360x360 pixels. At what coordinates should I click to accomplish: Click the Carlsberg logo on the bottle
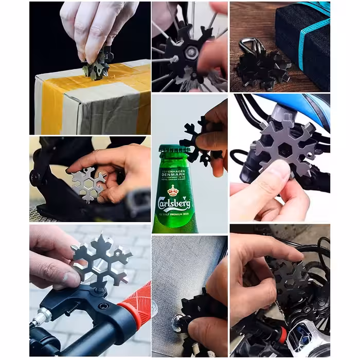(175, 202)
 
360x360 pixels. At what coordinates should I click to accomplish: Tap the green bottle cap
(175, 149)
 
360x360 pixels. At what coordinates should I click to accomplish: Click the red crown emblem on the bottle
(174, 191)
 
